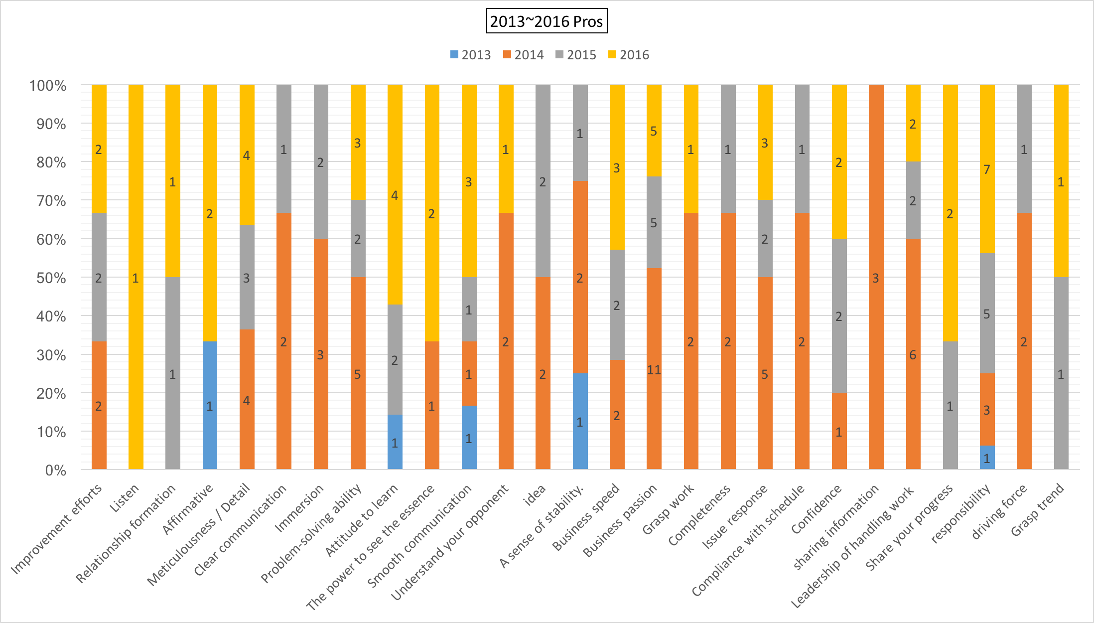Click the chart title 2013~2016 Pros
click(547, 21)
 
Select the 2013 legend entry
click(470, 55)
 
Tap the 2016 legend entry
click(629, 55)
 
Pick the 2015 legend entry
click(576, 55)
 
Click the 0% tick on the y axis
click(55, 470)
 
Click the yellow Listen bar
click(136, 277)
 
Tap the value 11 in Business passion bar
click(654, 370)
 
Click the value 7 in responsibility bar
click(986, 169)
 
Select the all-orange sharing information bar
click(876, 277)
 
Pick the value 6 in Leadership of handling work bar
click(913, 355)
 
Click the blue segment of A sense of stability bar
click(580, 422)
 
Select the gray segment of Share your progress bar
click(950, 405)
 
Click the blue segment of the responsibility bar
click(987, 458)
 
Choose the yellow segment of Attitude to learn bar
click(395, 195)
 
